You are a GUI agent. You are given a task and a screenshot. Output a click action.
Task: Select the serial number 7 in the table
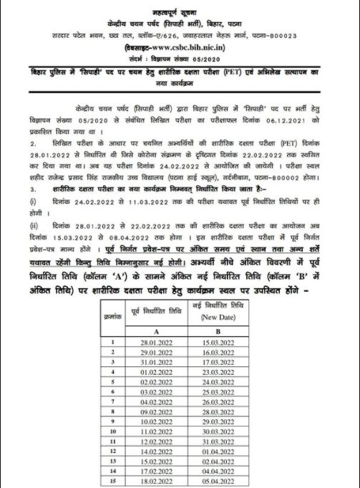point(112,403)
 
